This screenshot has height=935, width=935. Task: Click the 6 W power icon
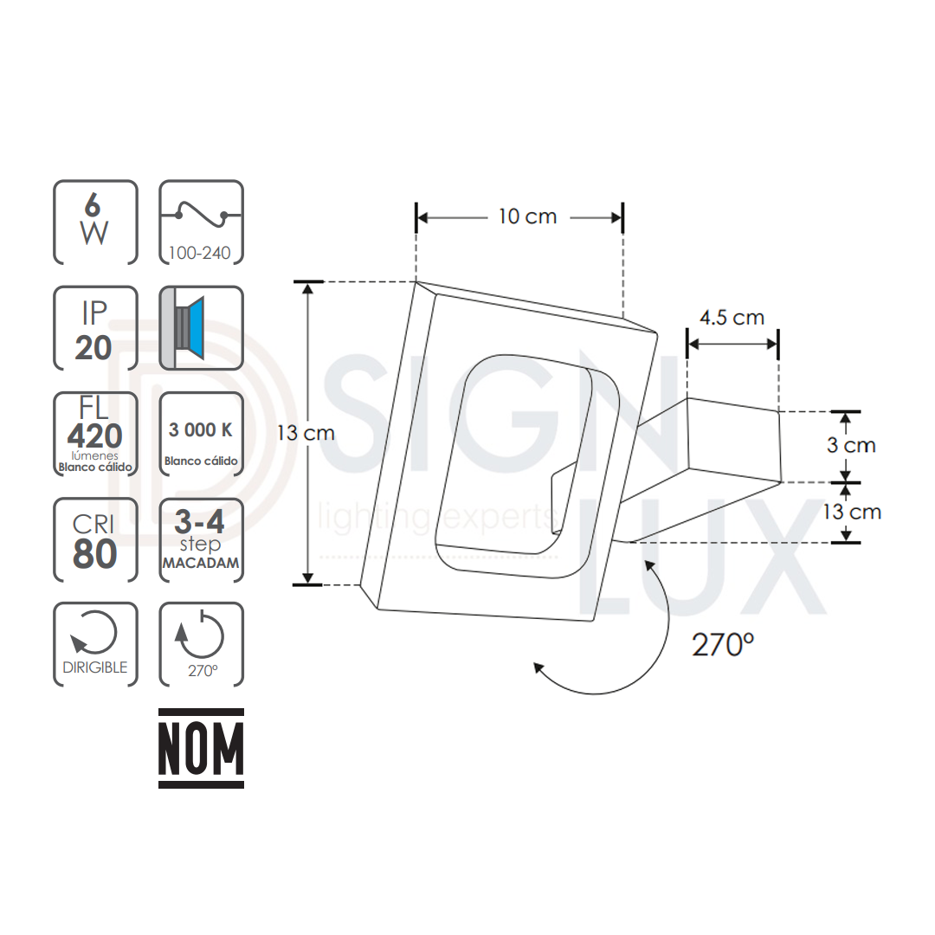point(95,222)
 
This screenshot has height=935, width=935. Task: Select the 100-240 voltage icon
point(201,222)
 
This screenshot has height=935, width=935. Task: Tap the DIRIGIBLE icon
point(95,645)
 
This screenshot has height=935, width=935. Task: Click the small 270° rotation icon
point(201,645)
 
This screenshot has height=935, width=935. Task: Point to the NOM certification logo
point(201,749)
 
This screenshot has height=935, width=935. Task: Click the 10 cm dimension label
point(527,216)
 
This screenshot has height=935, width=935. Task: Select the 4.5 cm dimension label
point(732,318)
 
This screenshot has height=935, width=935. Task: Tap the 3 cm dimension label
point(850,446)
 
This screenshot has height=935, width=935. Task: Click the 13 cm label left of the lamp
point(306,433)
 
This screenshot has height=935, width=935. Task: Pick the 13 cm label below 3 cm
point(852,512)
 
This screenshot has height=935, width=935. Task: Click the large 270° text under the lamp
point(723,645)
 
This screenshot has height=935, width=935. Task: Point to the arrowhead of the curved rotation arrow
point(538,667)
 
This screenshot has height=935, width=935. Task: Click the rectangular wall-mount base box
point(734,442)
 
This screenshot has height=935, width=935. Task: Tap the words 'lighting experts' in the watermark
point(437,518)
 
